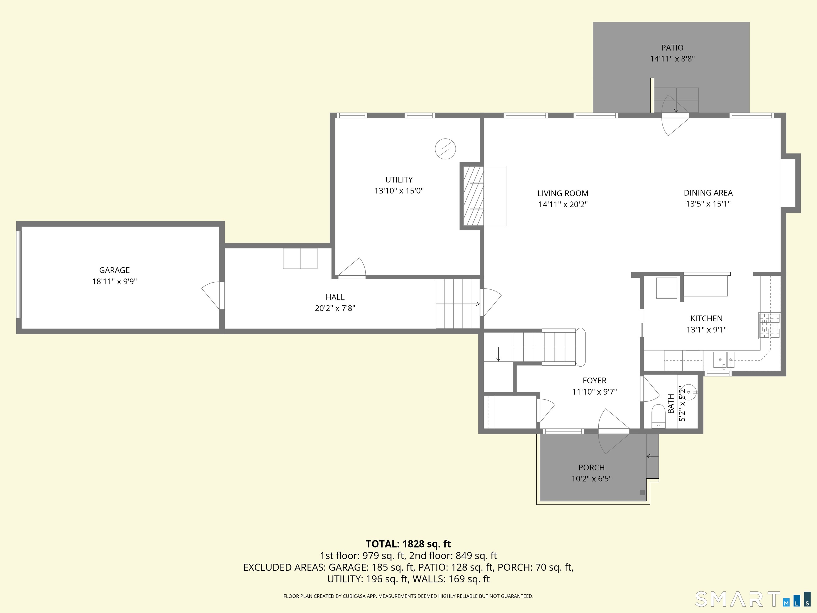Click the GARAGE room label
(115, 270)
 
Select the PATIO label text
(672, 48)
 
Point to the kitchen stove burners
(769, 326)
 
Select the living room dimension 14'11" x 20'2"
(563, 204)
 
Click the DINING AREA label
(708, 193)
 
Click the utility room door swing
(352, 267)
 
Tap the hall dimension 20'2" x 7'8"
(335, 308)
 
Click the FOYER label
(595, 380)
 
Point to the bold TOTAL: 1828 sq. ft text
(408, 544)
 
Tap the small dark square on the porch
(642, 492)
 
